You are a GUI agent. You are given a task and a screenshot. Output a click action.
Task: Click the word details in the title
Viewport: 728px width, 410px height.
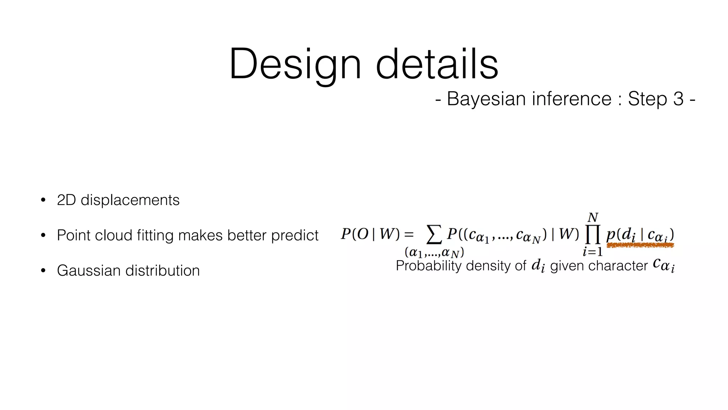coord(437,64)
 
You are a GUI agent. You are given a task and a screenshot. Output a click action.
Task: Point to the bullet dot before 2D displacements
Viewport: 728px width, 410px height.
coord(43,200)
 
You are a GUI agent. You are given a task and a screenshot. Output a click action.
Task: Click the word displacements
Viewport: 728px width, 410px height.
coord(130,200)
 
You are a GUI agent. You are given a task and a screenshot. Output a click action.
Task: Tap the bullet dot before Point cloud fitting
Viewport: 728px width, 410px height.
coord(43,235)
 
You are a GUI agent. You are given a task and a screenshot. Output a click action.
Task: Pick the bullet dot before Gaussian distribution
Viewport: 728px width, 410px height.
coord(43,270)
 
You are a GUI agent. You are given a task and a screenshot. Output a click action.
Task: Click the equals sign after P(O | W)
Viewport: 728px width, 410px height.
coord(409,234)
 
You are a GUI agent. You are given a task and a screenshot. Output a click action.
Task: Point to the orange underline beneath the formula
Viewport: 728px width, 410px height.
coord(640,245)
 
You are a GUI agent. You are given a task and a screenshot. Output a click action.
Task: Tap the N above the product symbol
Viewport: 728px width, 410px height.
coord(593,217)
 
